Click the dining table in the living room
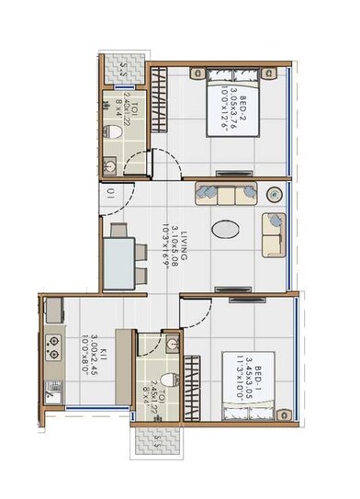[118, 256]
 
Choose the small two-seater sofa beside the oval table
[273, 235]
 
